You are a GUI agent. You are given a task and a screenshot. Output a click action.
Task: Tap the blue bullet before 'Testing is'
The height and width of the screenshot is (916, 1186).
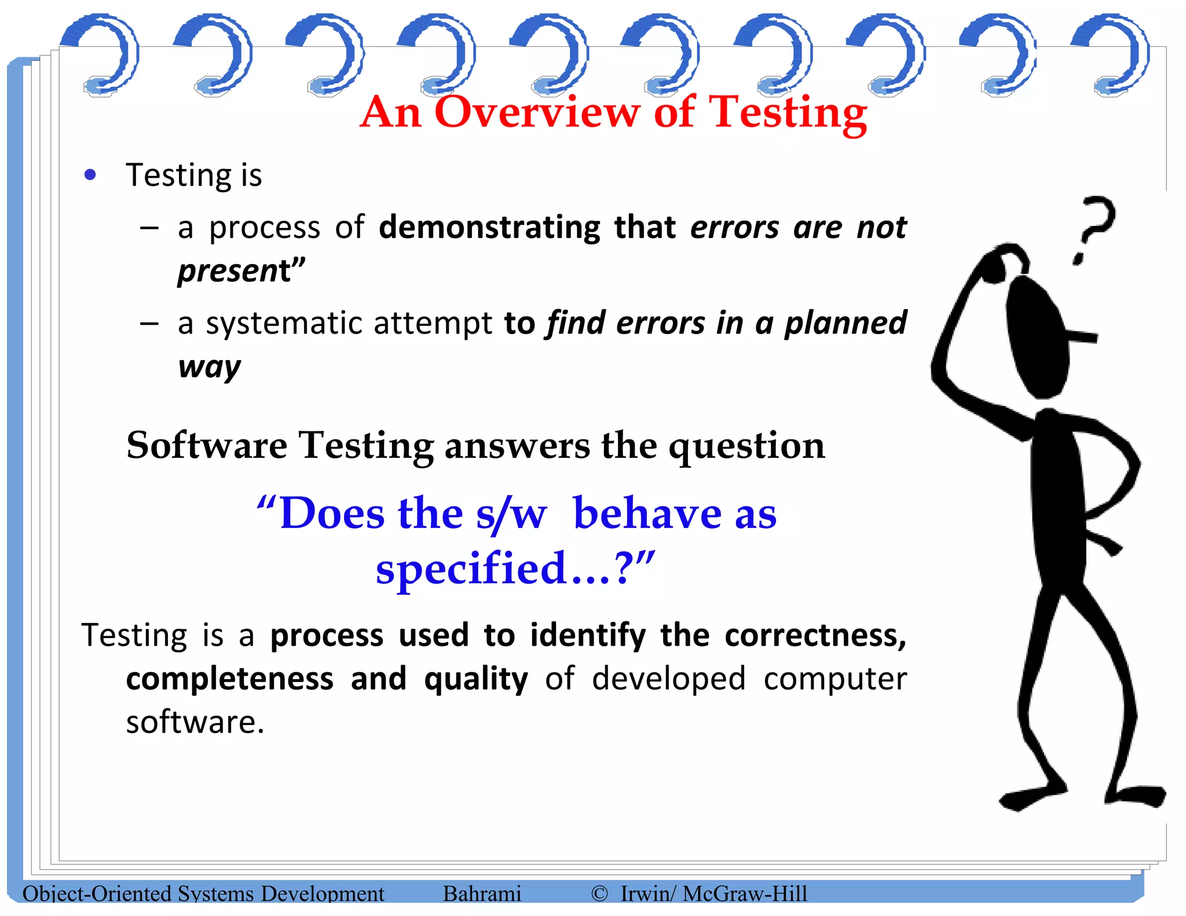(90, 174)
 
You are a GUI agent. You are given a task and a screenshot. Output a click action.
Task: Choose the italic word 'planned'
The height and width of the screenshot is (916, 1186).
(845, 323)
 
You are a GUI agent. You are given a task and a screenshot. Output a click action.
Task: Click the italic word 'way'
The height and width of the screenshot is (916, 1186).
(209, 367)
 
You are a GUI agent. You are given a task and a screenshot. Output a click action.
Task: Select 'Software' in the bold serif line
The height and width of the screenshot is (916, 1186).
(207, 445)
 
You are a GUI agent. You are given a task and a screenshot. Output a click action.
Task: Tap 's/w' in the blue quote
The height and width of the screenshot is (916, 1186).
(511, 514)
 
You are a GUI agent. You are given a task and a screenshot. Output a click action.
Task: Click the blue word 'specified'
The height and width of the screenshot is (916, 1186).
(471, 568)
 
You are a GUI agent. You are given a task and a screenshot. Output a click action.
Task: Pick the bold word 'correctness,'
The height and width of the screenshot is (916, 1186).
(815, 635)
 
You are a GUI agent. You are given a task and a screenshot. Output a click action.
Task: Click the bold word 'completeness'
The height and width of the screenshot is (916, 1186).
(230, 679)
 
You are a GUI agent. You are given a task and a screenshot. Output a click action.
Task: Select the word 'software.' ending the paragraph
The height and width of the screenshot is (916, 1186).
(195, 722)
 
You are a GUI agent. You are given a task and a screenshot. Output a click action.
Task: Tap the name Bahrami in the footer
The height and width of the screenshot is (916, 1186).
(482, 893)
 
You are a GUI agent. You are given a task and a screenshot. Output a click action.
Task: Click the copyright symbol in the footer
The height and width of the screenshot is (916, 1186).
(599, 893)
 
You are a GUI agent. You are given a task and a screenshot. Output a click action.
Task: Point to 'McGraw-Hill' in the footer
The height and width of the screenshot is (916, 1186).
(745, 893)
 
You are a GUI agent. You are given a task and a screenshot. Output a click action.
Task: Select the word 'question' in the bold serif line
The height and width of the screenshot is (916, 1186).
(747, 445)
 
